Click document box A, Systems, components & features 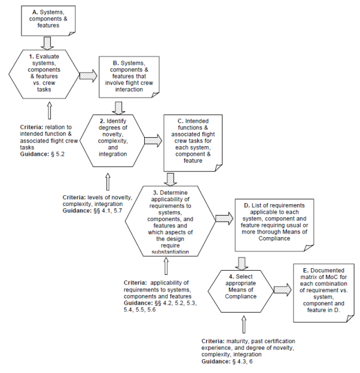point(48,21)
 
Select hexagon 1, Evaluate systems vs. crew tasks point(44,74)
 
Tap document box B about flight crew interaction point(129,77)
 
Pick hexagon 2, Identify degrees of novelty point(112,141)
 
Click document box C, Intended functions point(193,143)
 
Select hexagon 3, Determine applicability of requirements point(170,221)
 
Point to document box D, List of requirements point(274,225)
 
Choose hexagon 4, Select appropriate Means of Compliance point(241,291)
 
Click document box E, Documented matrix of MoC point(324,293)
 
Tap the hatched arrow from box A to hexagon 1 point(47,43)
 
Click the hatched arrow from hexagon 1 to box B point(89,76)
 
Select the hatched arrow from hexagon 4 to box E point(283,290)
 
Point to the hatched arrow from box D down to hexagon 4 point(242,263)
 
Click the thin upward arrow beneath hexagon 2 point(108,182)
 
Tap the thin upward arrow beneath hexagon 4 point(244,325)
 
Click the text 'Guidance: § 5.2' point(42,154)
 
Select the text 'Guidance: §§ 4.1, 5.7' point(92,211)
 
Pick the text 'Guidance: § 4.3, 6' point(227,362)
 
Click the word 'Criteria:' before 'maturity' point(213,341)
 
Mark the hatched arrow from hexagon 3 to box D point(224,219)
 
